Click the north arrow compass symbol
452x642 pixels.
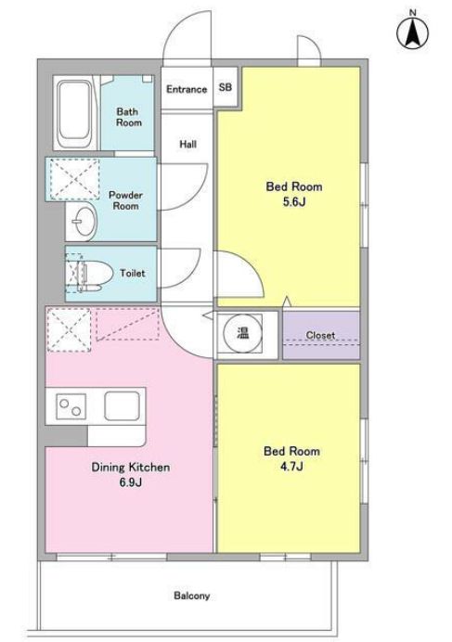click(x=413, y=32)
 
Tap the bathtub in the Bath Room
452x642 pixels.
click(x=73, y=114)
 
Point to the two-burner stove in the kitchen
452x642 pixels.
click(x=71, y=406)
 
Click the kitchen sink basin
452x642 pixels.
click(x=122, y=406)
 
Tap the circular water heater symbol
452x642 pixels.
click(x=241, y=333)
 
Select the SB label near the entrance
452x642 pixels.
click(x=225, y=87)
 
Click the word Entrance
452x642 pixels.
click(x=187, y=89)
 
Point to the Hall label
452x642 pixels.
click(x=187, y=144)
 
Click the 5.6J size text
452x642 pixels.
click(x=294, y=202)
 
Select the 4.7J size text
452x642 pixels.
click(x=291, y=467)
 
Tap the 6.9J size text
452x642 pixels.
click(x=131, y=482)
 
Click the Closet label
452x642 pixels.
click(x=320, y=335)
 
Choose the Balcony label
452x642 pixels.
click(x=192, y=596)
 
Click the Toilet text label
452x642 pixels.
click(x=133, y=273)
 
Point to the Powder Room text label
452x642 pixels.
click(x=126, y=200)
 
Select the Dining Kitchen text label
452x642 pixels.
click(x=130, y=468)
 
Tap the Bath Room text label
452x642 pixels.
click(x=129, y=117)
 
